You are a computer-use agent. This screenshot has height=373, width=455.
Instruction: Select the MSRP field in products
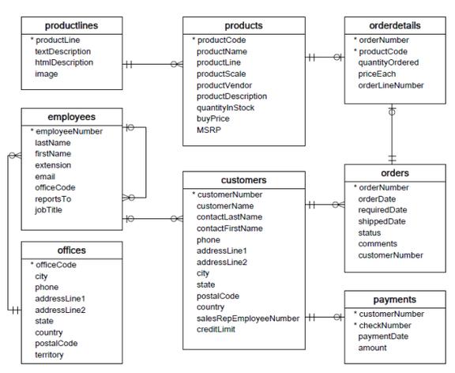tap(207, 130)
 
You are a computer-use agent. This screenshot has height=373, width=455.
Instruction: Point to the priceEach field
tap(377, 73)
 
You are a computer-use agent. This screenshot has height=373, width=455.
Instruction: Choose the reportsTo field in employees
tap(52, 198)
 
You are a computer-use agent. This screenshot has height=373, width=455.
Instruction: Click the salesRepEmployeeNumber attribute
tap(248, 318)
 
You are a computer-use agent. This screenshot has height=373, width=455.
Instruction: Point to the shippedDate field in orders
tap(382, 221)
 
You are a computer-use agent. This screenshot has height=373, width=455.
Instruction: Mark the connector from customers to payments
tap(325, 318)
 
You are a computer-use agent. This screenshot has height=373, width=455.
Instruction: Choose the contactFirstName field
tap(229, 228)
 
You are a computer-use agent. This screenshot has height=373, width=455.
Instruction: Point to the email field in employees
tap(45, 176)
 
